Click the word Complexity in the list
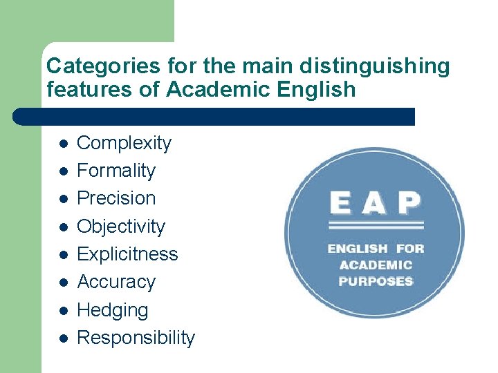click(124, 144)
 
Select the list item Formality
click(116, 171)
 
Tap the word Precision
click(116, 198)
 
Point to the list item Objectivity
click(121, 227)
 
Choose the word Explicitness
click(127, 254)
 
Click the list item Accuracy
click(116, 282)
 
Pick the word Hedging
click(112, 311)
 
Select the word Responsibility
click(136, 338)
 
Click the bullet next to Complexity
click(62, 144)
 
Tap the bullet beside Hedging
click(62, 311)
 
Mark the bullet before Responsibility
click(62, 338)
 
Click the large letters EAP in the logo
click(375, 203)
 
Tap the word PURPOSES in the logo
click(376, 281)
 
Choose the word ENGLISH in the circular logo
click(358, 249)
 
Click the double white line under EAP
click(375, 225)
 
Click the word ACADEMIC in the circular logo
click(376, 265)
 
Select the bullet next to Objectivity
click(62, 227)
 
